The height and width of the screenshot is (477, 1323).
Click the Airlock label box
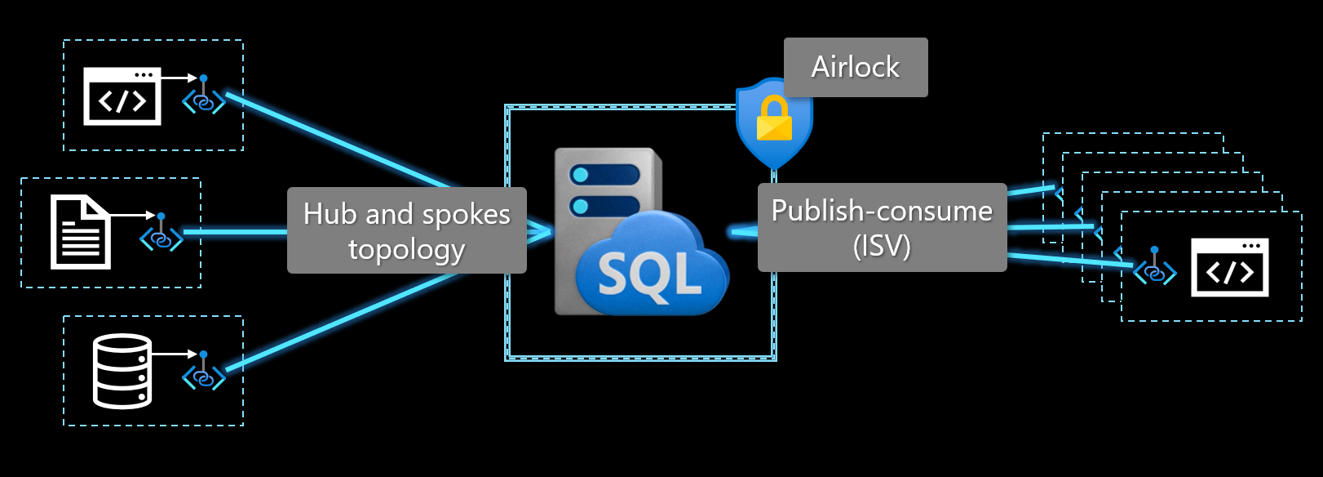click(x=856, y=67)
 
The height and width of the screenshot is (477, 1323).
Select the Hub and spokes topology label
click(x=407, y=230)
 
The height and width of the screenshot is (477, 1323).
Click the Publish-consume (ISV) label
click(x=883, y=228)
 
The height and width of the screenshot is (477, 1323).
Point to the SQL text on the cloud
click(x=650, y=274)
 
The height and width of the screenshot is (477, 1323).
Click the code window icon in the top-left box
click(x=122, y=96)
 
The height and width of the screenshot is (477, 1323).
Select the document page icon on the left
click(x=80, y=232)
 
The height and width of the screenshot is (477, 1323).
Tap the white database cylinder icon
click(x=122, y=371)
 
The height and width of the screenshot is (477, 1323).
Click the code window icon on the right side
click(x=1230, y=267)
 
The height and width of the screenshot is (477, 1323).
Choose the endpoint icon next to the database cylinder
click(x=204, y=371)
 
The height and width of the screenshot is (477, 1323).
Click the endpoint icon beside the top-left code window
click(x=204, y=95)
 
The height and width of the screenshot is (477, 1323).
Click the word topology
click(x=407, y=250)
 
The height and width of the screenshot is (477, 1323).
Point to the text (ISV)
click(x=883, y=246)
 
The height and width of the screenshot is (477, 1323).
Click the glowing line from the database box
click(x=343, y=322)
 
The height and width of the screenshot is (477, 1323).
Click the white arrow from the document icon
click(x=133, y=216)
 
